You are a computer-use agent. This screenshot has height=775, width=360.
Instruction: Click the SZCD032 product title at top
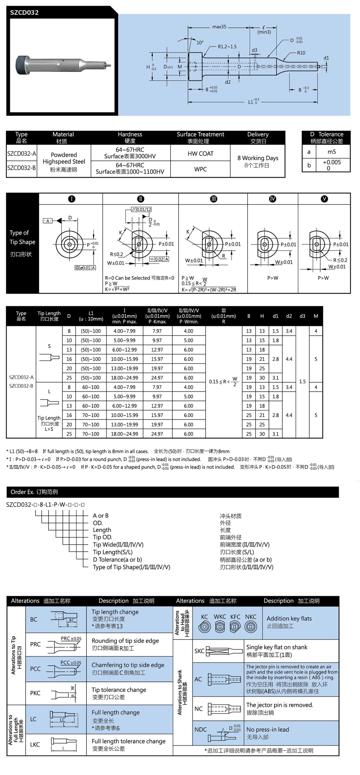(24, 13)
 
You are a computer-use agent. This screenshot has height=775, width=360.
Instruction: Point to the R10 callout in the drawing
(301, 53)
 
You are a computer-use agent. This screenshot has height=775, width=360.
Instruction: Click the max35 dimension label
(219, 27)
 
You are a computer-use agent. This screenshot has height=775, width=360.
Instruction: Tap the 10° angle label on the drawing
(200, 42)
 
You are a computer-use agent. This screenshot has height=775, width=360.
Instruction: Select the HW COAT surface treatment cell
(201, 154)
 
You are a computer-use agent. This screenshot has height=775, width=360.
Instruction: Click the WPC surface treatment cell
(201, 169)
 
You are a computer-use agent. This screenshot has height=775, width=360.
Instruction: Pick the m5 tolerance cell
(332, 152)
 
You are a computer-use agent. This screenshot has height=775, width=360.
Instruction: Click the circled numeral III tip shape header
(213, 199)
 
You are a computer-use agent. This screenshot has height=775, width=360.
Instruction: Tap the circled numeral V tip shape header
(324, 199)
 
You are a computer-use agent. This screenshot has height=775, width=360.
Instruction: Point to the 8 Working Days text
(258, 158)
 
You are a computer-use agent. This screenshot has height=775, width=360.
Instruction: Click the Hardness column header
(130, 134)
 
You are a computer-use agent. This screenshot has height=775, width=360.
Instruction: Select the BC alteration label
(34, 619)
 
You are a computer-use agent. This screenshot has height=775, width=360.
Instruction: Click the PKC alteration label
(35, 693)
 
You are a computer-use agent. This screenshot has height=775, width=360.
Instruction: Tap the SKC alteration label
(199, 651)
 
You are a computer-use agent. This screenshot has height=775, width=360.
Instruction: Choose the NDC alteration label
(201, 729)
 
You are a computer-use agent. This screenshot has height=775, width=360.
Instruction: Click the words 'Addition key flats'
(289, 618)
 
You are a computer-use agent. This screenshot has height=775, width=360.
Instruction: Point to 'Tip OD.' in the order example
(103, 537)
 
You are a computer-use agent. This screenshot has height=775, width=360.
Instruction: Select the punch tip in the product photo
(108, 66)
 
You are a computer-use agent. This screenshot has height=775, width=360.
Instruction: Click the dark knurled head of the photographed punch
(21, 65)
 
